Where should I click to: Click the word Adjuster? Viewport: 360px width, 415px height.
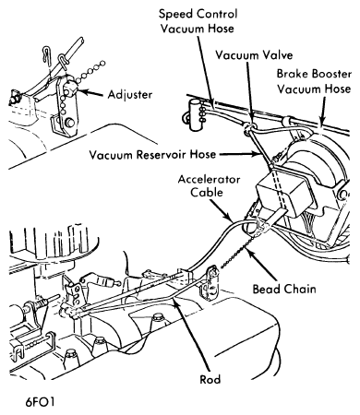pyautogui.click(x=130, y=94)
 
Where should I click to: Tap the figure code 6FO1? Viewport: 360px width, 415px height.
pyautogui.click(x=40, y=402)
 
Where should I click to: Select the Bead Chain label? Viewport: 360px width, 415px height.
pyautogui.click(x=284, y=289)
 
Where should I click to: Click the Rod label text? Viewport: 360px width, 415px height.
pyautogui.click(x=210, y=379)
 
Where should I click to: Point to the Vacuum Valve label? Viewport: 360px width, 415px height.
pyautogui.click(x=254, y=55)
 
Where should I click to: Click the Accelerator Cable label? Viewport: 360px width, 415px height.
pyautogui.click(x=209, y=185)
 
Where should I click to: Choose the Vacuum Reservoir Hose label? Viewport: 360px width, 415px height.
pyautogui.click(x=152, y=154)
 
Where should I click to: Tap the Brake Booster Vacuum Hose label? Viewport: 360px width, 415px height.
pyautogui.click(x=314, y=81)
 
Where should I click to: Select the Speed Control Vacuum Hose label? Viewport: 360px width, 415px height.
pyautogui.click(x=198, y=21)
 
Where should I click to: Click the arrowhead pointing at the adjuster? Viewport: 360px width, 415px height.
pyautogui.click(x=81, y=91)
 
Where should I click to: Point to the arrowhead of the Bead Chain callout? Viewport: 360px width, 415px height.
pyautogui.click(x=247, y=249)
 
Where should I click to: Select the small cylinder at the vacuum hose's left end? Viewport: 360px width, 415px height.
pyautogui.click(x=195, y=114)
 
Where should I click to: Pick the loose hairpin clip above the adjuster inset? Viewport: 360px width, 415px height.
pyautogui.click(x=45, y=54)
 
